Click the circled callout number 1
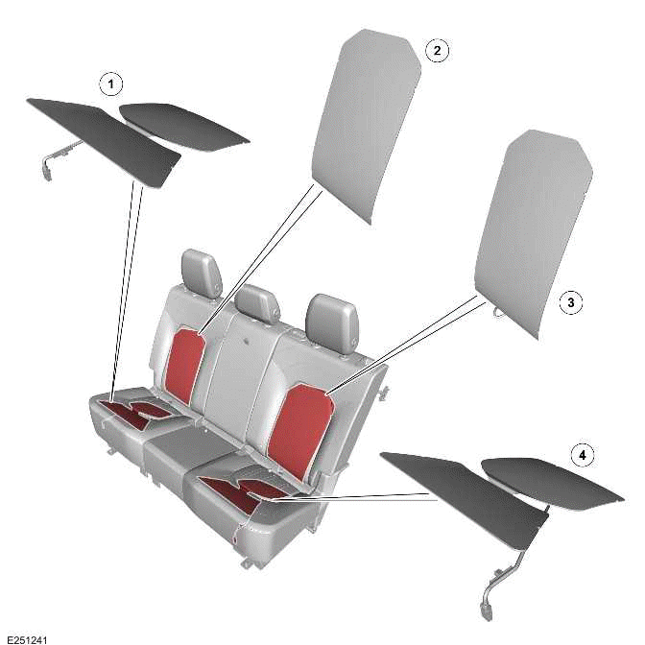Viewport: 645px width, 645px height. (x=112, y=85)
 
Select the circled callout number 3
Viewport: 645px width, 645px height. (x=570, y=303)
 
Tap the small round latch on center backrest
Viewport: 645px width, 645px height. (x=249, y=341)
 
